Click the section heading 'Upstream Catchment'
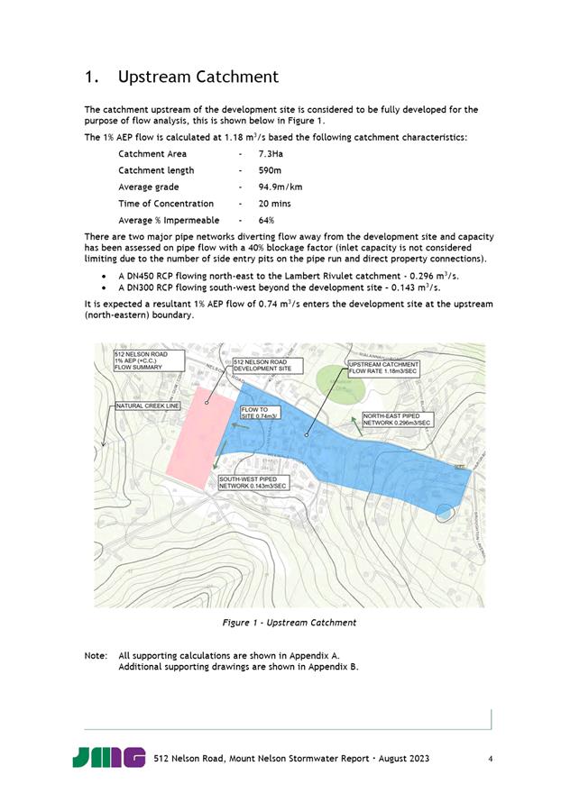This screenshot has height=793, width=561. point(198,77)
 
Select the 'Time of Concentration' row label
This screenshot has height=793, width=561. point(166,204)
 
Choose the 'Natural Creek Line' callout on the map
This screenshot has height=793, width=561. point(149,406)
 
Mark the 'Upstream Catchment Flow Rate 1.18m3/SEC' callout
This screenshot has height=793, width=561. point(382,367)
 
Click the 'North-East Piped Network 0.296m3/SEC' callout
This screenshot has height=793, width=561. point(397,419)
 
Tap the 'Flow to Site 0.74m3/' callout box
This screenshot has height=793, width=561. point(262,413)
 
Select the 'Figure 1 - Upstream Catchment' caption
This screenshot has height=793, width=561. point(289,623)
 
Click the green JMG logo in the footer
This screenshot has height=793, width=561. point(109,757)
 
